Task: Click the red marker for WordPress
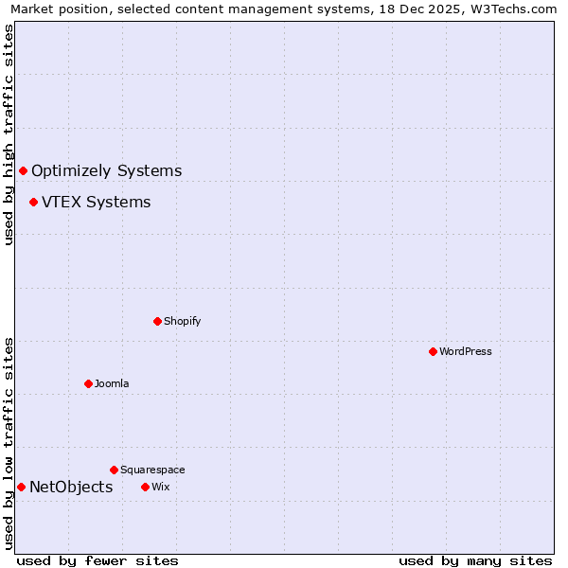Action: [x=433, y=351]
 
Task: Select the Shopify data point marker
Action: [x=157, y=321]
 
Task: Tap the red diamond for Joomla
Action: [x=88, y=383]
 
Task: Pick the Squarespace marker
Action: [x=114, y=470]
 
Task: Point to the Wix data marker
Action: [x=145, y=487]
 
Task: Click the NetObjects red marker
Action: [x=21, y=487]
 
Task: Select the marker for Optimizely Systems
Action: [x=23, y=170]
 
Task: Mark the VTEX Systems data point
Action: [x=33, y=202]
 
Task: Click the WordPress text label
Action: [x=466, y=351]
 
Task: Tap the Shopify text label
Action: [x=182, y=321]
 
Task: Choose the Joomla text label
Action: [x=112, y=383]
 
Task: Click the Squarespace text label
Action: [x=152, y=470]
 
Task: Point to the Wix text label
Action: [x=160, y=487]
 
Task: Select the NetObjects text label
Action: [x=71, y=487]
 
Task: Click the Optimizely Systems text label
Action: [x=106, y=170]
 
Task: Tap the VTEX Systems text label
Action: [x=96, y=202]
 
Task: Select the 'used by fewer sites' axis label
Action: [x=98, y=560]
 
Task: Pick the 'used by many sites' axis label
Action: [x=475, y=560]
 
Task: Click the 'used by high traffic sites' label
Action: [x=9, y=134]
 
